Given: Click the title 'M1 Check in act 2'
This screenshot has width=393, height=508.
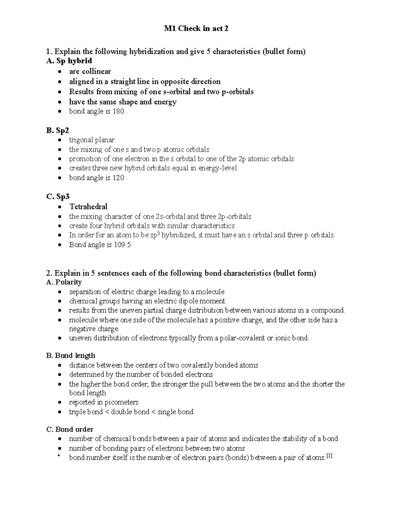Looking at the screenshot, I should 196,29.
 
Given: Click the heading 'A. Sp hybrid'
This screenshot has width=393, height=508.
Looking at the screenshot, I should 69,61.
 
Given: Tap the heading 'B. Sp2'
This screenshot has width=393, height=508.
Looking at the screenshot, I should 58,131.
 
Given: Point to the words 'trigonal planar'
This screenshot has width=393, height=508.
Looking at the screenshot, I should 92,140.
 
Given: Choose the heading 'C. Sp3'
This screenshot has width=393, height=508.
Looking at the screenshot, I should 58,197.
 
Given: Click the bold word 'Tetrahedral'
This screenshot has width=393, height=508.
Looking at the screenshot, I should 88,207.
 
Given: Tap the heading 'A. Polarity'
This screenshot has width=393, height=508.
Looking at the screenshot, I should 64,282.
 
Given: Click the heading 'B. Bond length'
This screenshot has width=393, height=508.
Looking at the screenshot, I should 71,356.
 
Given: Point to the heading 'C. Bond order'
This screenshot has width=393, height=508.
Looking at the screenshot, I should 70,429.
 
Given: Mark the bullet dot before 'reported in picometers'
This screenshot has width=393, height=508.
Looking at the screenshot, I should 59,403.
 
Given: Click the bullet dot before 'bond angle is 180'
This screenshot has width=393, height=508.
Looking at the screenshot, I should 59,112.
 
